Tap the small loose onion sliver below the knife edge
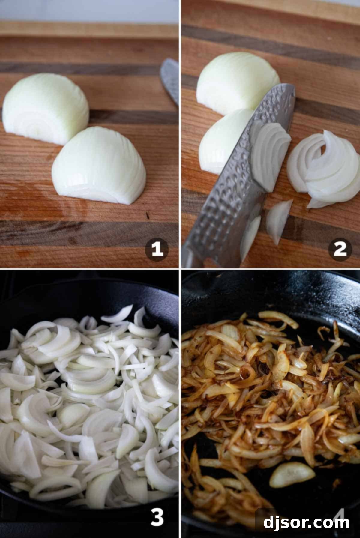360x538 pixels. [x=279, y=220]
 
